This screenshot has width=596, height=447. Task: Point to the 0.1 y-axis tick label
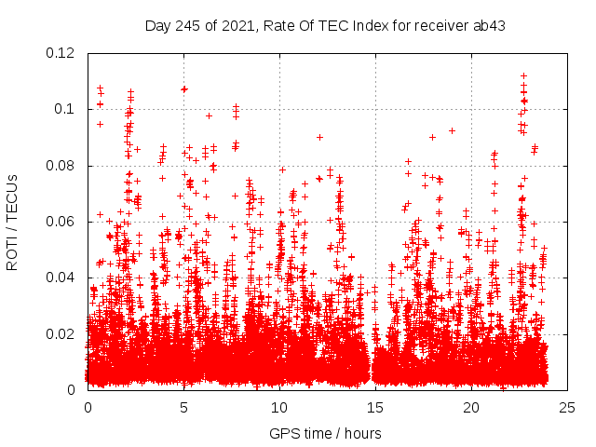pyautogui.click(x=68, y=109)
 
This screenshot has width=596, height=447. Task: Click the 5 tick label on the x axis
pyautogui.click(x=183, y=407)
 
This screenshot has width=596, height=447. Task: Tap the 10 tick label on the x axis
pyautogui.click(x=279, y=407)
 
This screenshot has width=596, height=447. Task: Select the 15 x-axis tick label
pyautogui.click(x=375, y=407)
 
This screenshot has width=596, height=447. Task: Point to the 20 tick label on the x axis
pyautogui.click(x=471, y=407)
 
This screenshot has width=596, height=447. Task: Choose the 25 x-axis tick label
pyautogui.click(x=567, y=407)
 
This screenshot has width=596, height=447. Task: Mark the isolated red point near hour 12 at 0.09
pyautogui.click(x=319, y=137)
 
